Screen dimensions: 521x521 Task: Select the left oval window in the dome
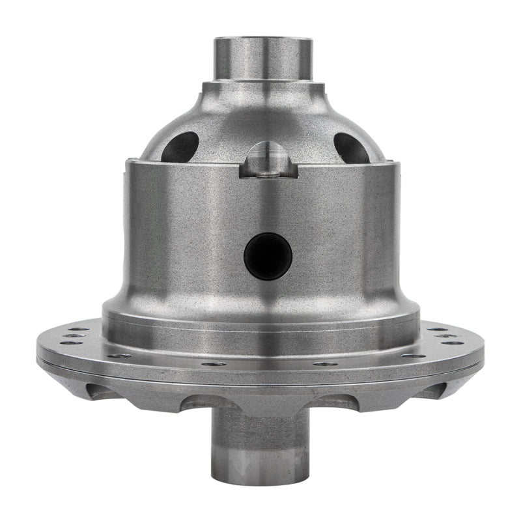coord(180,147)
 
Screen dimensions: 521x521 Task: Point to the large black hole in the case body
coord(268,256)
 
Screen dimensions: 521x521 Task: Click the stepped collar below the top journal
coord(263,89)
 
